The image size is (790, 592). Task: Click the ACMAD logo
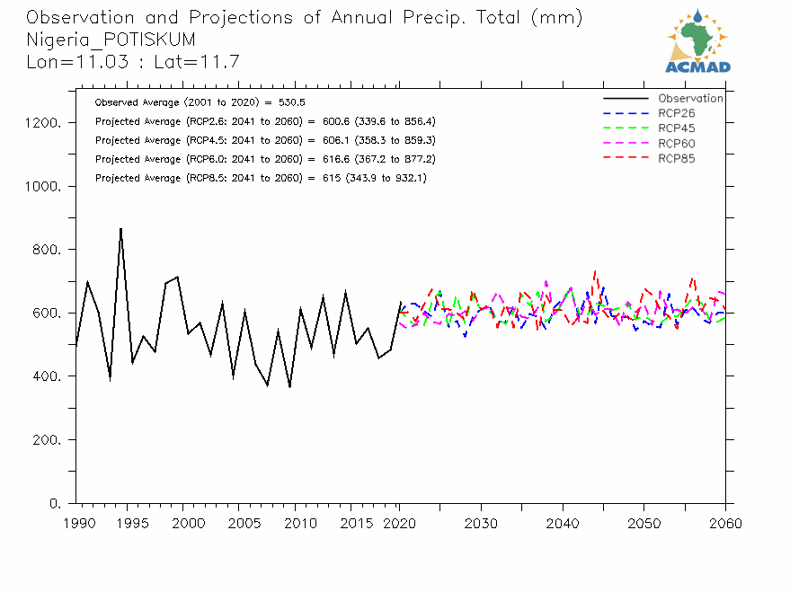pos(697,41)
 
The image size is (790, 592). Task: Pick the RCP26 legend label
pos(676,113)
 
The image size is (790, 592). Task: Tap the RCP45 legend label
pos(676,128)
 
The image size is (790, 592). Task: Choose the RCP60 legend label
pos(676,144)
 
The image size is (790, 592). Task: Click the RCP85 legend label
pos(676,159)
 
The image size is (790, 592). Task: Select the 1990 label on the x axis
pos(79,524)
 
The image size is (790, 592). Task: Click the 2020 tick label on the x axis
pos(399,524)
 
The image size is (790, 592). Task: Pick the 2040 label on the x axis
pos(563,524)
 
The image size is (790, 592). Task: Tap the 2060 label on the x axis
pos(725,524)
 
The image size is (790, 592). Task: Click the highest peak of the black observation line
pos(121,229)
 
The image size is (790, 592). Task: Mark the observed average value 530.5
pos(292,102)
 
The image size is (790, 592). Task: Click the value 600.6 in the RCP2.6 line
pos(336,121)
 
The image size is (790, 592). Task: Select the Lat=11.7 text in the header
pos(197,62)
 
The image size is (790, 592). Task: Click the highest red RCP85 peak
pos(595,272)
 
